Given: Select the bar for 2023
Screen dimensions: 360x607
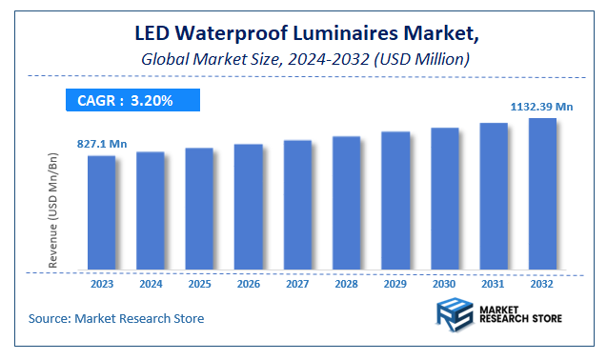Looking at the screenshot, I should (102, 211).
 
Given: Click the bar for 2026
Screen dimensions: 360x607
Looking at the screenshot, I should (249, 206).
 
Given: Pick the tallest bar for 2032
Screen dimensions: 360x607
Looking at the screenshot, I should (542, 193).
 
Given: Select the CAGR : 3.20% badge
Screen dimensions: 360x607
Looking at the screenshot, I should (132, 99).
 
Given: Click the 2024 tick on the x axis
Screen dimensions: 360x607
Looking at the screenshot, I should (151, 283).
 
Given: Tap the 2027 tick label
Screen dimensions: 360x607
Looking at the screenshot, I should (297, 283).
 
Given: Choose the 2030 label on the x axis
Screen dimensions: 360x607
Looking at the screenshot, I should (444, 283).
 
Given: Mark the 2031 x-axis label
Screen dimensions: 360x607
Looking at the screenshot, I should (494, 283).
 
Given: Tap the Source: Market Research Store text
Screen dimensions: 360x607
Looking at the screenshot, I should (115, 318).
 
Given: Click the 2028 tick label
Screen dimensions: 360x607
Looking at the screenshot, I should (347, 283).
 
